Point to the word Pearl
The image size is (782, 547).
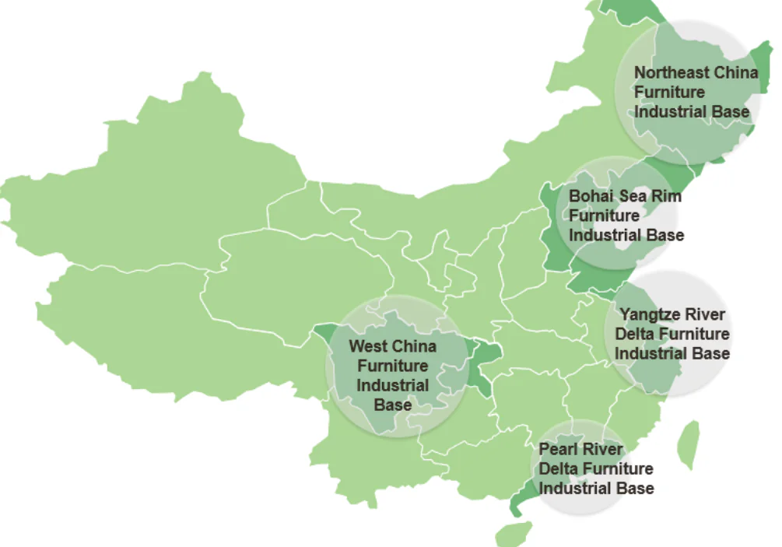pos(558,450)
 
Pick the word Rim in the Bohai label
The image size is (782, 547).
pos(666,196)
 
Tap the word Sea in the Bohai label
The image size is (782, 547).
pos(633,196)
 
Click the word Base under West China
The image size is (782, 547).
pos(393,405)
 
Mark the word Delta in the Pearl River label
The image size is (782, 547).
pos(559,469)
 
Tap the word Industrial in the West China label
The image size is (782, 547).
pos(393,385)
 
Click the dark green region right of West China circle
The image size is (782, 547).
pos(482,366)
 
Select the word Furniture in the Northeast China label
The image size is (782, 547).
pos(669,93)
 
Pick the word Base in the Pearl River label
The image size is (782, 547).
pos(635,489)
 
